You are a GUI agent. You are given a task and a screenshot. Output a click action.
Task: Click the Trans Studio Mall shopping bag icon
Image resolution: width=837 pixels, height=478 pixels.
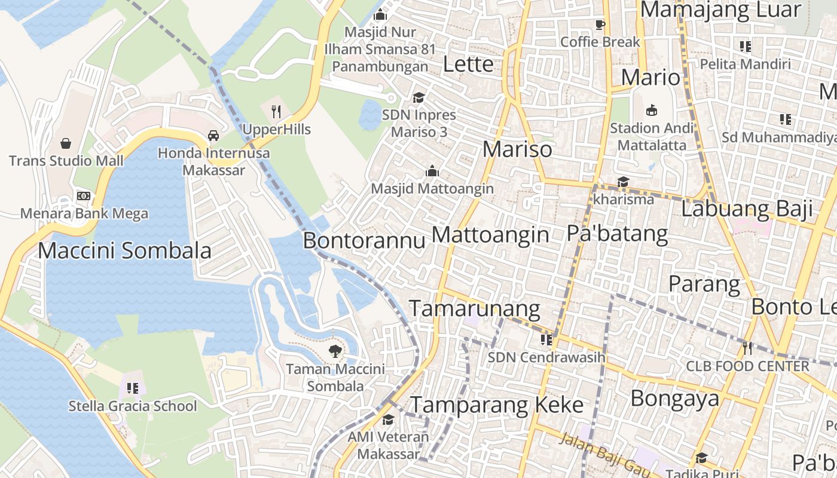point(66,143)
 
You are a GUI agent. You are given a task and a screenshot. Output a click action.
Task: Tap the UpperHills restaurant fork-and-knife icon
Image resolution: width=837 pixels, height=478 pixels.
point(276,111)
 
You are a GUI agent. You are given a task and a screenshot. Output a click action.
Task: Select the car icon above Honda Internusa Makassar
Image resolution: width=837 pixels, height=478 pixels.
point(213,136)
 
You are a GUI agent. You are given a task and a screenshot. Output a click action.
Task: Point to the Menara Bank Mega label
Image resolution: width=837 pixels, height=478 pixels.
point(84,213)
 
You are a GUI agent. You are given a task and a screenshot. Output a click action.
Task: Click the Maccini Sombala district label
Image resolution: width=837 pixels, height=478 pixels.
point(124,250)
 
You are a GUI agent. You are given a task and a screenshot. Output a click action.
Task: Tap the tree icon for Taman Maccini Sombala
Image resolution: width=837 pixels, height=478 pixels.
point(335,351)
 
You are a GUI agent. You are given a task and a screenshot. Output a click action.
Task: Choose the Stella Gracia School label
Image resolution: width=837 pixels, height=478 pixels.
point(133,406)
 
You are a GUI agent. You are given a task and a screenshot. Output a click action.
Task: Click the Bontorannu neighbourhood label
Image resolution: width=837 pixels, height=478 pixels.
point(364,240)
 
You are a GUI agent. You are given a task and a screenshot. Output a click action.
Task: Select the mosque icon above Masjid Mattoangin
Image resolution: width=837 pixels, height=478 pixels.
point(432,171)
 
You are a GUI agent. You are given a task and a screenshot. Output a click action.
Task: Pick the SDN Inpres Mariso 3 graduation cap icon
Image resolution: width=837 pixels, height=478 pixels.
point(418,97)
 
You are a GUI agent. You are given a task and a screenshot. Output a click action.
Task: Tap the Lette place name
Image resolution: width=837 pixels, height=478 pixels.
point(468,64)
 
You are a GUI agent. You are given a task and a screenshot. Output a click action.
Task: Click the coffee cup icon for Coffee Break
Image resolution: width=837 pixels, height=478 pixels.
point(600,24)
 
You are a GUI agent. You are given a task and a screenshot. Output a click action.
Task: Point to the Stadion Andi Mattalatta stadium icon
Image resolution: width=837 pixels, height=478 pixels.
point(652,110)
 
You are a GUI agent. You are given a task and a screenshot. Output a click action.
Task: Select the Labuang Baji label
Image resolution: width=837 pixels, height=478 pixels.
point(747,209)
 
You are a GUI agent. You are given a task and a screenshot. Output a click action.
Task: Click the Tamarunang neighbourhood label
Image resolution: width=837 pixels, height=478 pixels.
point(474,308)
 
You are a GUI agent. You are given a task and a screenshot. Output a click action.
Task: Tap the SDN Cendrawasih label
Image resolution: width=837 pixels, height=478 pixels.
point(546,357)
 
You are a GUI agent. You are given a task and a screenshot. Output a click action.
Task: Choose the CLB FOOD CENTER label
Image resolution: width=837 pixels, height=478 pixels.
point(747,366)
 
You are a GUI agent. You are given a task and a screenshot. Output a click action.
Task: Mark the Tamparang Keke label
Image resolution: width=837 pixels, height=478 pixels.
point(497,405)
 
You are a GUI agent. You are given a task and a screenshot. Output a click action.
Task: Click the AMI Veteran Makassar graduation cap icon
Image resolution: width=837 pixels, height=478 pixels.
point(389,419)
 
